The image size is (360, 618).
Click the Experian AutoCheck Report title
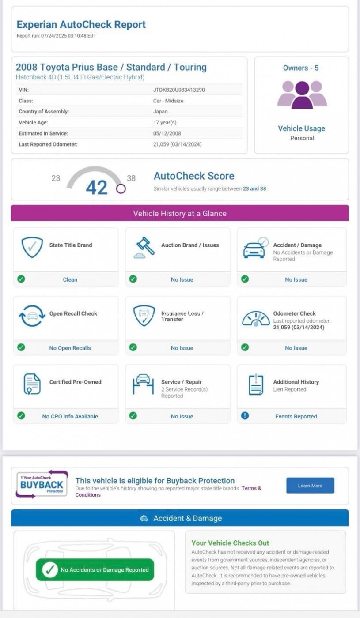pos(81,25)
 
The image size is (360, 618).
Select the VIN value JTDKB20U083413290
pos(179,90)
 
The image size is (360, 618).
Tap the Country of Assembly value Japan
pos(160,112)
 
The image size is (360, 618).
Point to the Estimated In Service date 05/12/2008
pos(167,133)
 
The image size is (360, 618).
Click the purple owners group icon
pos(302,94)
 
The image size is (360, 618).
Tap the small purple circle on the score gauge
pos(121,189)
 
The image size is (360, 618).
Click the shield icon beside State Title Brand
pos(32,247)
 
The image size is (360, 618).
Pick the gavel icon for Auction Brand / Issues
pos(144,248)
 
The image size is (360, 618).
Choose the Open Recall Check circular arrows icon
pos(32,316)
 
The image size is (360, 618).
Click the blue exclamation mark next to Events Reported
pos(245,416)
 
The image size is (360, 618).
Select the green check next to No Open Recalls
pos(21,347)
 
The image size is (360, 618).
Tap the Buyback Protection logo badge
pos(42,485)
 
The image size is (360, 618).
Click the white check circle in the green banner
pos(50,570)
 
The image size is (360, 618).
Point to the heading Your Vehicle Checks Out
pos(230,543)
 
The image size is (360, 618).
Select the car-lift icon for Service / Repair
pos(144,384)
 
